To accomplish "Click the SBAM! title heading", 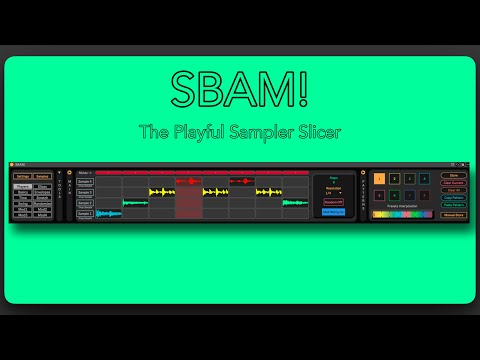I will (239, 93).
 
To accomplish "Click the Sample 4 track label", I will (85, 181).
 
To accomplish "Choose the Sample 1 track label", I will (85, 213).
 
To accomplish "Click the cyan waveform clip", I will (108, 213).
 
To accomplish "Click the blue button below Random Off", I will (334, 212).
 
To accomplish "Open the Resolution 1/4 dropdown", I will (334, 192).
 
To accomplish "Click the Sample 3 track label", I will (85, 192).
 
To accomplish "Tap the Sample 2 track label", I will (85, 203).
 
